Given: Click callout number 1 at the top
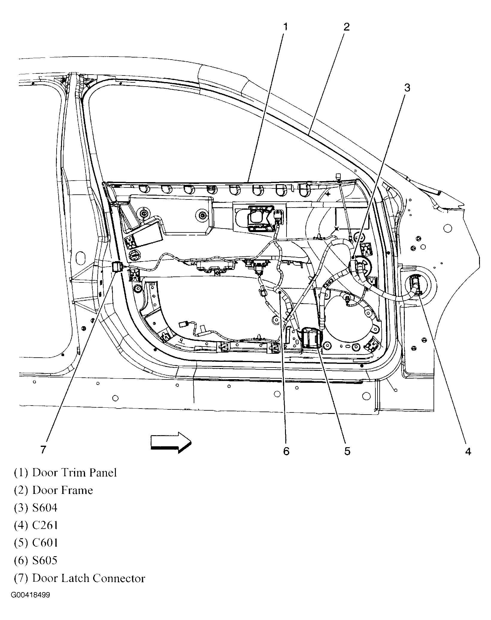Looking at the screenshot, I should pos(285,27).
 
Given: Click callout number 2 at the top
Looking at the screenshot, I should pos(346,27).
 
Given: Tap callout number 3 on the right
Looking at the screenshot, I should pos(407,88).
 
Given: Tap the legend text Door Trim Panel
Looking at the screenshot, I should pos(74,473).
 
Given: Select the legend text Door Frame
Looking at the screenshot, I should pos(63,490).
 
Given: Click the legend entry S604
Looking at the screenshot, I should pos(45,508).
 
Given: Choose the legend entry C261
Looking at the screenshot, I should pos(45,525).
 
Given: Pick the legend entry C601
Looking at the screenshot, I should pos(45,543).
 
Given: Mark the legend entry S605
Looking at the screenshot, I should pos(45,560).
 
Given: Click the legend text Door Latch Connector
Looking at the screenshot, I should pos(89,578).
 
